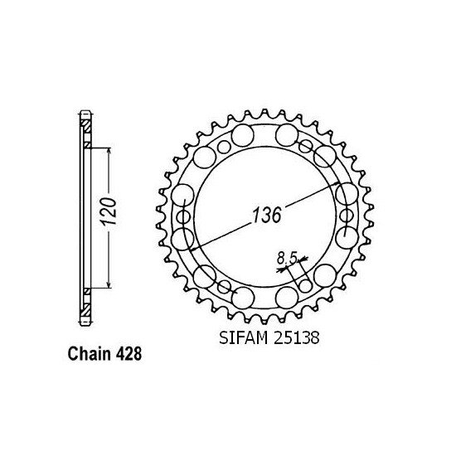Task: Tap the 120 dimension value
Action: (118, 217)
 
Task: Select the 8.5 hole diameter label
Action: (287, 260)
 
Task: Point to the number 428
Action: (129, 352)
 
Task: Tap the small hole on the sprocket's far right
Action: (345, 218)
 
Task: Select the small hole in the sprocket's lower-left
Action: (224, 287)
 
